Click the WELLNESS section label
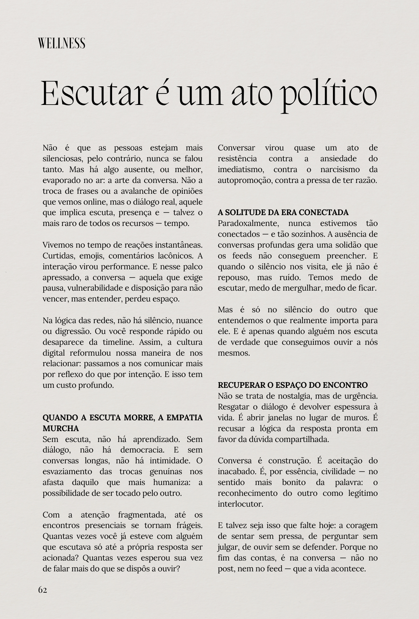(62, 43)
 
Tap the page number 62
(42, 590)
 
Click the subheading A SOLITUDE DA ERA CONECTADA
(283, 212)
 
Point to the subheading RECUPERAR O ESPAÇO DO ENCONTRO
(293, 385)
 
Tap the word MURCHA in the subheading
(61, 428)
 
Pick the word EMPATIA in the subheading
(185, 418)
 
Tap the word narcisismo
(340, 169)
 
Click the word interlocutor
(240, 504)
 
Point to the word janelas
(280, 418)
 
